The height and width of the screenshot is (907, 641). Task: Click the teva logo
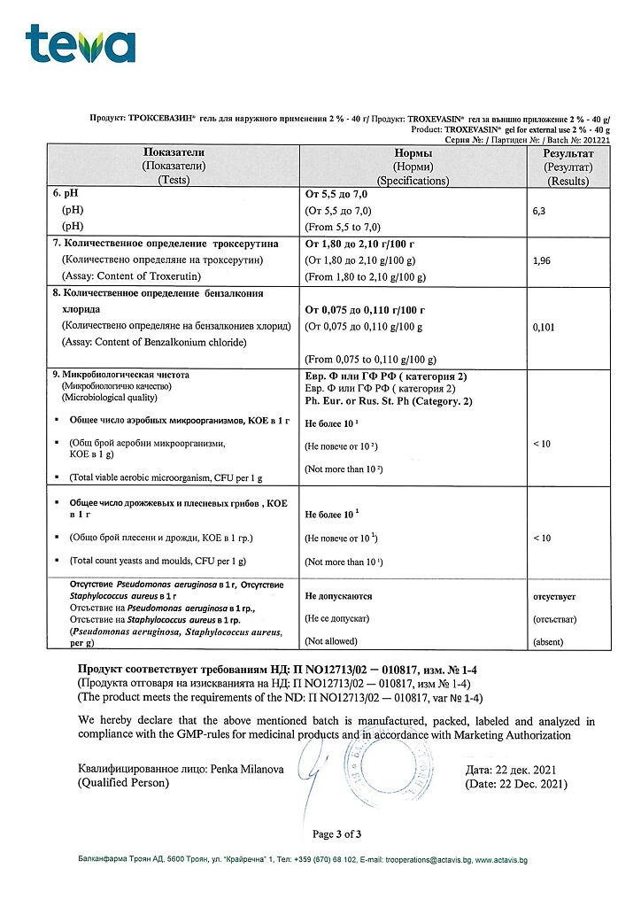[81, 43]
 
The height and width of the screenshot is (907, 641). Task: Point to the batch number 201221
[593, 140]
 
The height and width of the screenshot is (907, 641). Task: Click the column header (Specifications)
[413, 181]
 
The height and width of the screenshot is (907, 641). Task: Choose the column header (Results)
[568, 181]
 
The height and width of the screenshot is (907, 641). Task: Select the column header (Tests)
[174, 181]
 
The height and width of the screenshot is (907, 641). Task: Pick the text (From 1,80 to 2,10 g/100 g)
[366, 277]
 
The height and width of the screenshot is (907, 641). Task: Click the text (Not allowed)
[330, 641]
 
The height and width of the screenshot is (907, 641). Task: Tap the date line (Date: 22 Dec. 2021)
[516, 784]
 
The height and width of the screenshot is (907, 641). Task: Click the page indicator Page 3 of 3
[336, 833]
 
